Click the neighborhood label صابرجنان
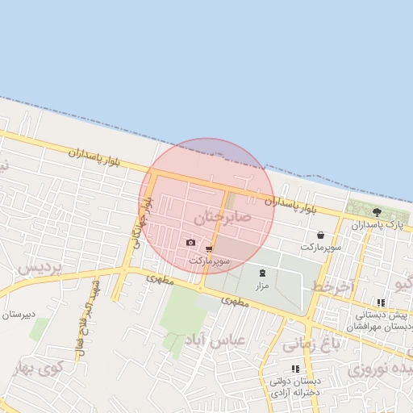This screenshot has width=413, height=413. [x=223, y=218]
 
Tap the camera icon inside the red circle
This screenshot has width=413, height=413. [x=190, y=243]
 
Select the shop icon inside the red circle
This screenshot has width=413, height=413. [x=210, y=249]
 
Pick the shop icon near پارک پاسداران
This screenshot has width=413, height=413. [x=332, y=235]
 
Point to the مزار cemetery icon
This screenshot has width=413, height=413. [x=261, y=273]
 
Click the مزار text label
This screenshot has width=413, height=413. [x=261, y=286]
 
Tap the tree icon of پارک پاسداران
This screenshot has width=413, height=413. [x=377, y=211]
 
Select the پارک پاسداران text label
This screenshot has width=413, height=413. [x=382, y=223]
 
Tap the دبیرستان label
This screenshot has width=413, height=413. [x=17, y=315]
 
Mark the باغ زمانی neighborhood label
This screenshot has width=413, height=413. [x=308, y=344]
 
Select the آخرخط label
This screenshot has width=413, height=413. [x=333, y=287]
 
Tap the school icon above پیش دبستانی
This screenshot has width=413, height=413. [x=381, y=303]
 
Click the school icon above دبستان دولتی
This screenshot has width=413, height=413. [x=294, y=369]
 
